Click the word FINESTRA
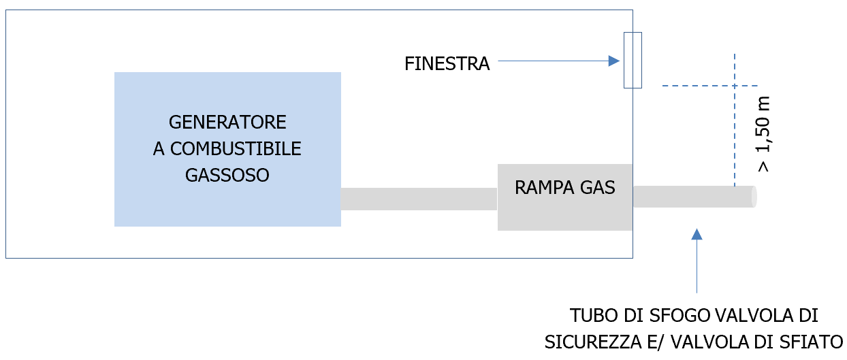tap(447, 64)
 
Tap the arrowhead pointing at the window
tap(614, 61)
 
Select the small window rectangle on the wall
tap(633, 60)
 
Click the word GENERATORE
tap(227, 123)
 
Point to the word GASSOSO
tap(227, 175)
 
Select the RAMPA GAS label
tap(565, 188)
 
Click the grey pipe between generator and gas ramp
tap(419, 199)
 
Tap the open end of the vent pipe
tap(754, 197)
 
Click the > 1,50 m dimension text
tap(764, 133)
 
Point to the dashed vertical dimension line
tap(735, 136)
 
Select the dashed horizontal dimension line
tap(694, 86)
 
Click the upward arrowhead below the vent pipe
tap(697, 235)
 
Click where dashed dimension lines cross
tap(735, 86)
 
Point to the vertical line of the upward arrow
tap(697, 269)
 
